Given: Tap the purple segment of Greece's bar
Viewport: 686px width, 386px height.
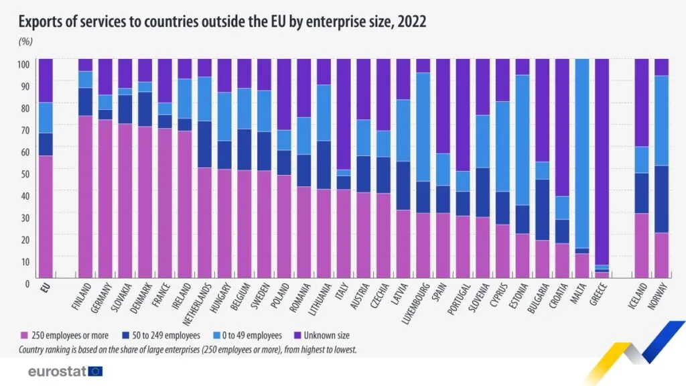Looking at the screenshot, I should (x=602, y=161).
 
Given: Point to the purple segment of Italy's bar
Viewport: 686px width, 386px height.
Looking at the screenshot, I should (x=344, y=114).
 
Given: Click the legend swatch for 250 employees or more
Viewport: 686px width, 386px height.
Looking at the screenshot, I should (x=25, y=334).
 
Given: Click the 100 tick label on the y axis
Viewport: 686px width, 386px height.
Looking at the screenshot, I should (x=24, y=64).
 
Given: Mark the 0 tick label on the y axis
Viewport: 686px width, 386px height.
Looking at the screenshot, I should (x=27, y=283).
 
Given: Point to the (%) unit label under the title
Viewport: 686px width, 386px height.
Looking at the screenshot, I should (x=25, y=41).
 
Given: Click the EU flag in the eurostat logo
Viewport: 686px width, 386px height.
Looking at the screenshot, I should (x=95, y=371).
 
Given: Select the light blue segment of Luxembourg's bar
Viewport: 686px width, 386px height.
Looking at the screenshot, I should (x=423, y=127).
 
